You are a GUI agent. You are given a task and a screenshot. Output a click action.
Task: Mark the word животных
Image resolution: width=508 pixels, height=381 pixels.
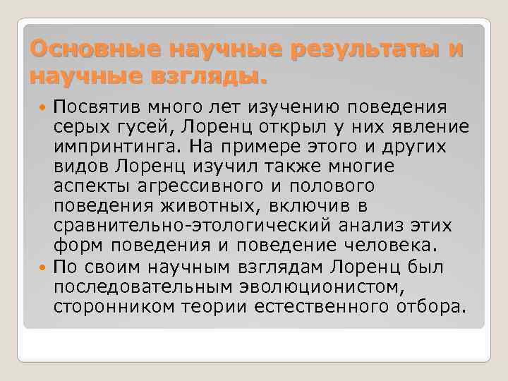click(228, 207)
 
